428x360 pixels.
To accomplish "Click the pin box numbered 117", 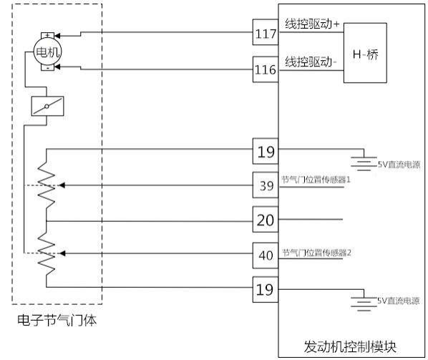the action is point(266,32).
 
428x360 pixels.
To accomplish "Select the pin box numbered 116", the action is point(266,69).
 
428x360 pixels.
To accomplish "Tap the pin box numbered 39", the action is point(266,185).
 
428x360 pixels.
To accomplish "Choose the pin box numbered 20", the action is point(266,220).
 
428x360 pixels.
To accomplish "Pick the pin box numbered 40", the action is point(266,256).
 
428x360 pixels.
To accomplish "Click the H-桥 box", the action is point(365,53).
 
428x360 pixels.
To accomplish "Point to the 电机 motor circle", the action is point(47,52).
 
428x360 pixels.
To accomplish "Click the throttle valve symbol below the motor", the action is point(47,106).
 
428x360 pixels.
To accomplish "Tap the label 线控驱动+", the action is point(312,24).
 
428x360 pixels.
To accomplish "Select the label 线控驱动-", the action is point(311,62).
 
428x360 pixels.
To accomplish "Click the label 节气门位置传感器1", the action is point(316,180).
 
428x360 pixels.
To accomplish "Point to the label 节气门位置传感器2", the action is point(316,253).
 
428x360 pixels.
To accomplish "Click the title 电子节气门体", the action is point(57,320).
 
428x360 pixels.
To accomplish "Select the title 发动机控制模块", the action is point(350,346).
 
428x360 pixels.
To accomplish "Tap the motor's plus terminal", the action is point(47,35).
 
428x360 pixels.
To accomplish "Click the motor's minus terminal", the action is point(47,68).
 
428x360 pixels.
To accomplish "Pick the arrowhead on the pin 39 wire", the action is point(62,185).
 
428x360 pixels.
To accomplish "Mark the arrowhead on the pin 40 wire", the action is point(62,253).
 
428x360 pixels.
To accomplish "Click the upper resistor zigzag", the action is point(46,185).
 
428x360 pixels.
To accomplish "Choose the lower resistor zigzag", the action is point(46,253).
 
